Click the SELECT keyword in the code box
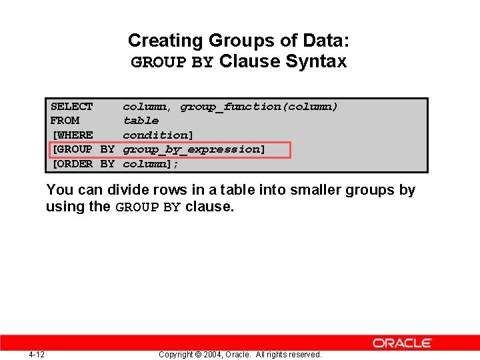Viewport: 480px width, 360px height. point(72,107)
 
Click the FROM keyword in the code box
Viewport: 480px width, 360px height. point(65,121)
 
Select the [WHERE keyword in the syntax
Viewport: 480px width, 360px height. point(73,135)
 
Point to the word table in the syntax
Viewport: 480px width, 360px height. point(141,121)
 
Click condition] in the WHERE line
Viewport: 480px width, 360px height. point(158,135)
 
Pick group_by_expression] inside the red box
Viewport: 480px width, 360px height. point(194,149)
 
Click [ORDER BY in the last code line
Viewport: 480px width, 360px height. point(83,164)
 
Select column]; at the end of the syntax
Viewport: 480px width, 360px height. point(151,164)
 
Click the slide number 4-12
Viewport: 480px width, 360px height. point(37,354)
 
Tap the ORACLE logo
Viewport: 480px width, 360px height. point(402,343)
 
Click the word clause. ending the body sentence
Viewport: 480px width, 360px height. point(210,207)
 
